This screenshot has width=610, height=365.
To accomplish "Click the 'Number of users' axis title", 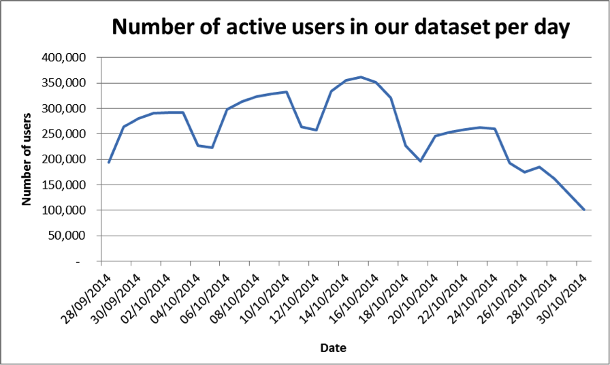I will [x=27, y=159].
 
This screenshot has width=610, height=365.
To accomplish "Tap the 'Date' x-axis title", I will [x=334, y=348].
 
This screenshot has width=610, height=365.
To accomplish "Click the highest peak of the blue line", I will [x=361, y=77].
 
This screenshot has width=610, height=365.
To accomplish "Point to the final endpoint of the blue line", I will [x=584, y=210].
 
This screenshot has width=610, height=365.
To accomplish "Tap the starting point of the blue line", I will [x=108, y=162].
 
